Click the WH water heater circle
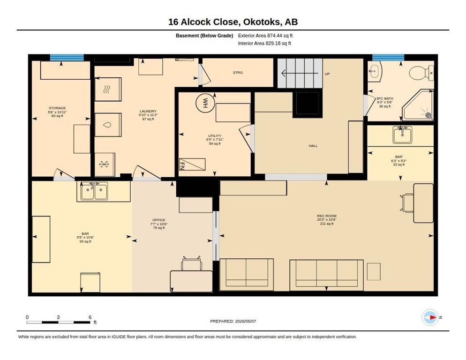pos(205,103)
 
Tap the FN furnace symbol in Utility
pos(192,165)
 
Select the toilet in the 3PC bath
pos(421,73)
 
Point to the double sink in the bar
pos(95,191)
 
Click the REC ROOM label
pos(327,216)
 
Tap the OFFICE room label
pos(159,220)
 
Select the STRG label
pos(238,72)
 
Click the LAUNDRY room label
pos(148,111)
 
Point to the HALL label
pos(313,146)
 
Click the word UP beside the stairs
pos(327,74)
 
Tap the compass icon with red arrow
pos(430,317)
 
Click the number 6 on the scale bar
pos(90,317)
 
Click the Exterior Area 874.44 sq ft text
pos(265,36)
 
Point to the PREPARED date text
pos(233,321)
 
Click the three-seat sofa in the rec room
pos(327,275)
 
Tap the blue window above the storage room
pos(67,57)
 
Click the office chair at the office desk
pos(192,263)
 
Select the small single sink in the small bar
pos(402,135)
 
